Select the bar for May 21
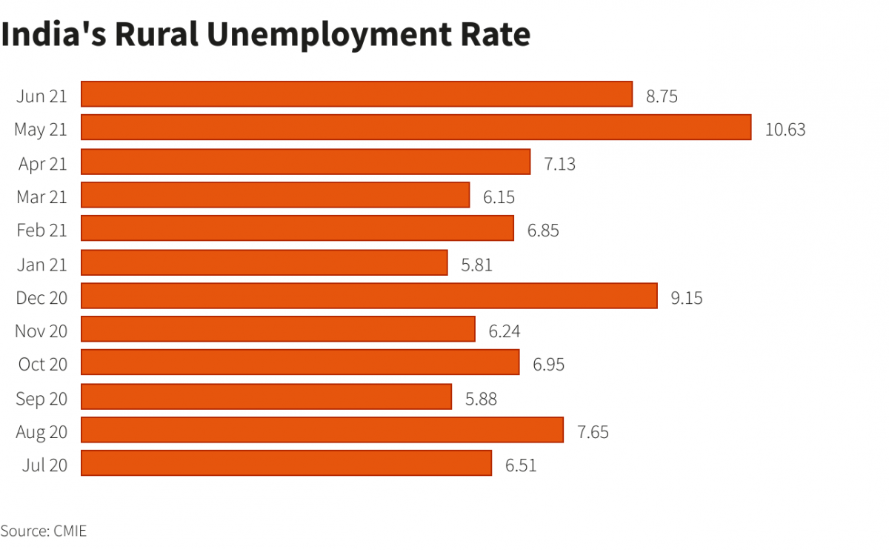416,127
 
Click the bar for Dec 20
369,296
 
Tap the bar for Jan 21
264,262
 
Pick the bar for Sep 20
266,397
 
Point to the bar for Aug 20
322,430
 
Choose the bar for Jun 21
356,94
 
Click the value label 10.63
785,130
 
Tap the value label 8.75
662,96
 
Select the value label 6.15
499,197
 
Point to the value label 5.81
476,265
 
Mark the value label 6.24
504,331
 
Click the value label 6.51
520,465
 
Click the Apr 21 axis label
42,164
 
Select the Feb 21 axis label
41,231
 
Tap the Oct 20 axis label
41,365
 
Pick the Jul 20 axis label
44,465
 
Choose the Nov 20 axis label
41,331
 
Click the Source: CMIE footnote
44,531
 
